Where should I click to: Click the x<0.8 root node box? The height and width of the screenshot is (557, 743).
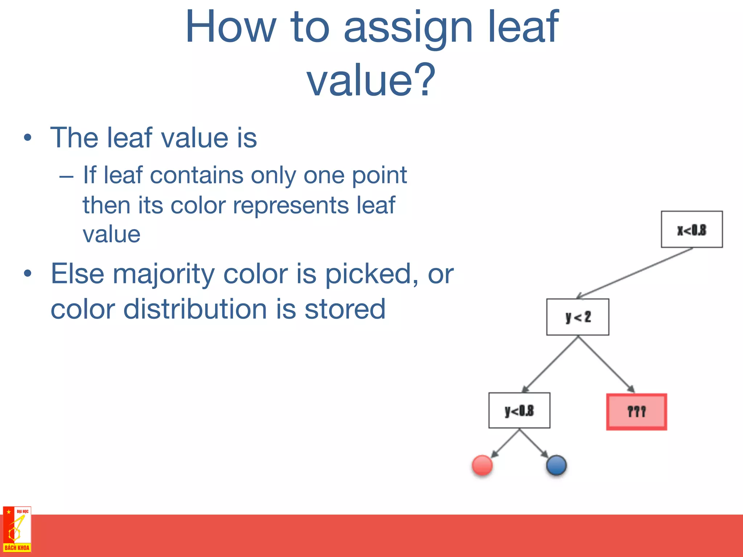(691, 230)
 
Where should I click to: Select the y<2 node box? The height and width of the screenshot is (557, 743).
(578, 317)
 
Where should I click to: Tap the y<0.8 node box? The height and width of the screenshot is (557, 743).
(519, 410)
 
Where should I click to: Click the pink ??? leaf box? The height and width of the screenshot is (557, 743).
(636, 412)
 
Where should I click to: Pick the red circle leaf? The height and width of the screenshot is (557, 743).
(482, 465)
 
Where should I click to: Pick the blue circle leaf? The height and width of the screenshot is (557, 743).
(556, 465)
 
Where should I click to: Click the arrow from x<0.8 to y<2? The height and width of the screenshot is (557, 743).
(635, 273)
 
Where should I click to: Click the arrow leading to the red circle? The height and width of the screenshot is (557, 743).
(505, 443)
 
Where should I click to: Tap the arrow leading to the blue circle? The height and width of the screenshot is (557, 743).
(534, 443)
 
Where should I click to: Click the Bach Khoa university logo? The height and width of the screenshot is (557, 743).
(17, 529)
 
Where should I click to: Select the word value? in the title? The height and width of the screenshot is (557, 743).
(371, 80)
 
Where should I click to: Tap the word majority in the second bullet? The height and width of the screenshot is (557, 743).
(164, 274)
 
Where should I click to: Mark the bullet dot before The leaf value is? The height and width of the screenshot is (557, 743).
(28, 138)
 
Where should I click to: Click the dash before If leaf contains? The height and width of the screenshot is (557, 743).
(66, 177)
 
